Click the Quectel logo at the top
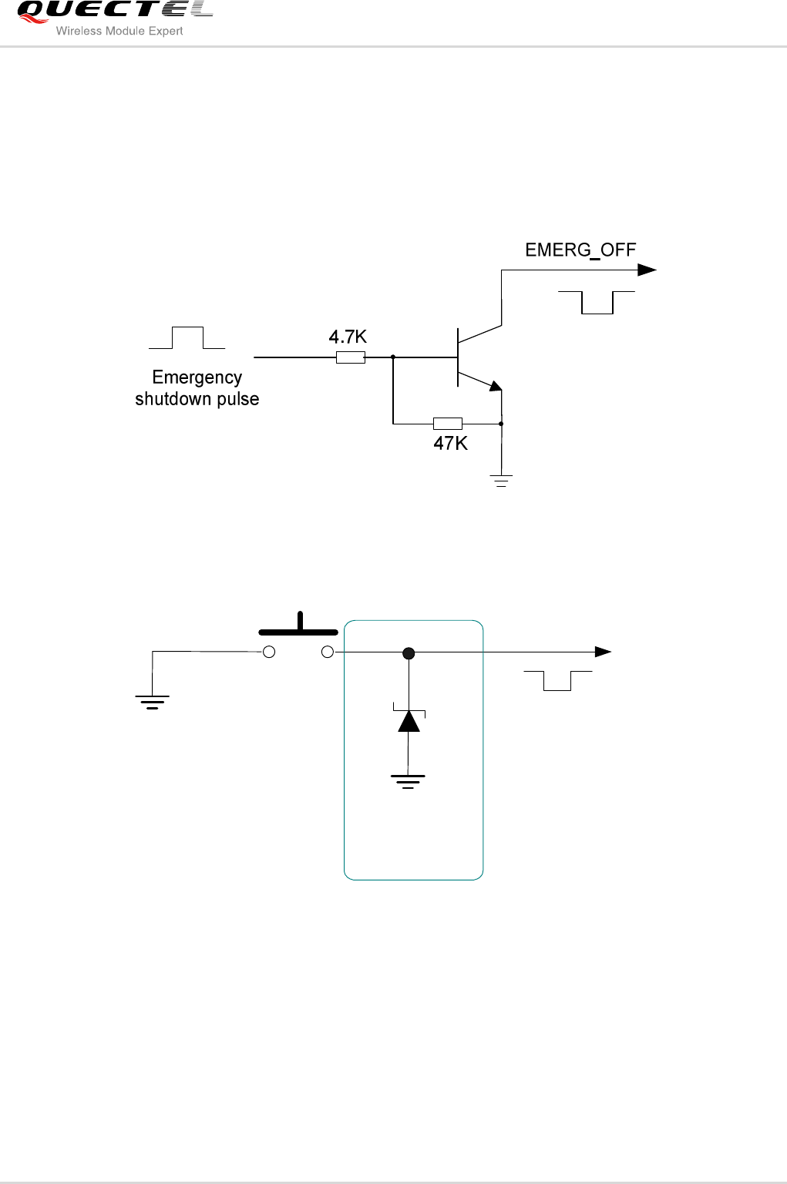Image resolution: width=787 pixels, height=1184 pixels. (x=114, y=11)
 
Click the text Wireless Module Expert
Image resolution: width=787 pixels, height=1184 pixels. (x=119, y=32)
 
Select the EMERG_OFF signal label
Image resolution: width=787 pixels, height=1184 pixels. (x=580, y=250)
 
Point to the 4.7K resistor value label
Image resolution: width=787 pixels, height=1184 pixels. (x=348, y=337)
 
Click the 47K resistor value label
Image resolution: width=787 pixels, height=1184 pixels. (x=450, y=444)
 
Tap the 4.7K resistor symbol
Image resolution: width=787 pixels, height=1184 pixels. (x=351, y=357)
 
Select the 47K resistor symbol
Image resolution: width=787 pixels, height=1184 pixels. (x=448, y=423)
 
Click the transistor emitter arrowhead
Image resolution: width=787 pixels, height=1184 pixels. (x=496, y=386)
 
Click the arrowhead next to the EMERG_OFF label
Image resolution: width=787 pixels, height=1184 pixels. (x=647, y=270)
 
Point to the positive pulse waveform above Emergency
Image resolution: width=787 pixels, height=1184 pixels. (x=187, y=338)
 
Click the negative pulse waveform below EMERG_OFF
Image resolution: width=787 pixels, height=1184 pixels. (x=597, y=303)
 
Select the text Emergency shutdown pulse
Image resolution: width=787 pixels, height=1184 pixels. (x=197, y=388)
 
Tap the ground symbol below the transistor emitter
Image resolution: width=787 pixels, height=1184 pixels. (x=501, y=481)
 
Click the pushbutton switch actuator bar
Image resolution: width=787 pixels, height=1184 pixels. (x=298, y=631)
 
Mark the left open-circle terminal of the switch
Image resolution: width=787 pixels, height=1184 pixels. (x=269, y=652)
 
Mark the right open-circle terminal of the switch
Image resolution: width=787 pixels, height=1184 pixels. (x=328, y=652)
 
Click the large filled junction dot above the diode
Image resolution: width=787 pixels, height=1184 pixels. (x=409, y=653)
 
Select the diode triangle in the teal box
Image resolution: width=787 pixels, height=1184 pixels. (x=409, y=721)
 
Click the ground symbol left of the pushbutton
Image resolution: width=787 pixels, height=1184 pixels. (x=153, y=701)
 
